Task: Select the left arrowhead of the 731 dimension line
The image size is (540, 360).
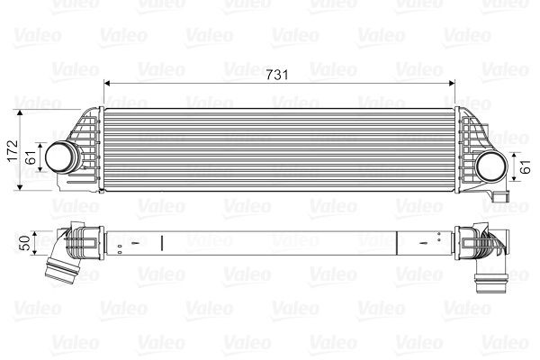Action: [x=109, y=83]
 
